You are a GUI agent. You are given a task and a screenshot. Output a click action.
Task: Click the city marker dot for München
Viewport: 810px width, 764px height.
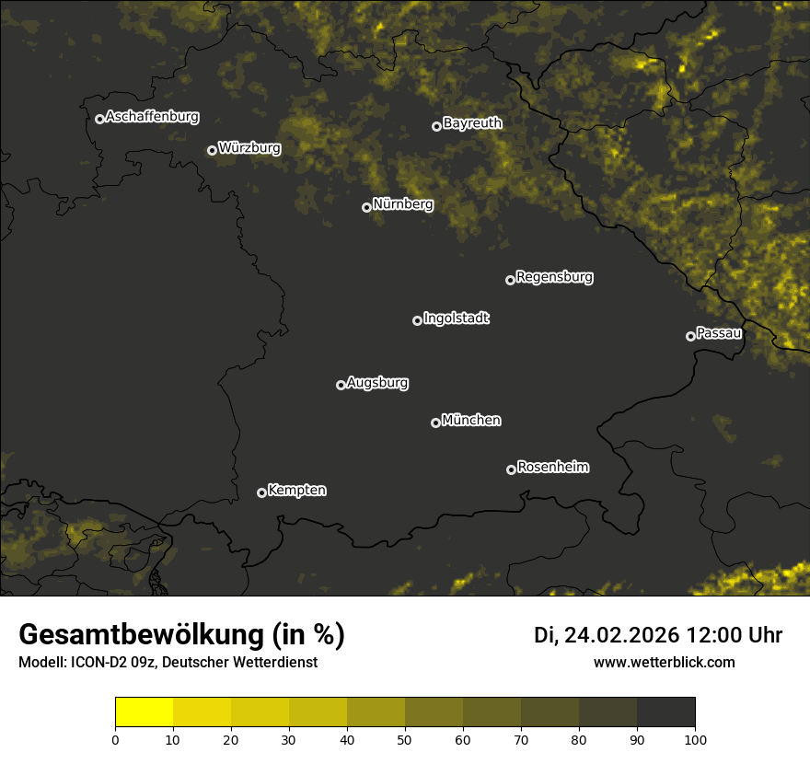[x=435, y=423]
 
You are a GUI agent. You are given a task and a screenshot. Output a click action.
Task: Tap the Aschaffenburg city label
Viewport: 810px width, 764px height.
[x=152, y=117]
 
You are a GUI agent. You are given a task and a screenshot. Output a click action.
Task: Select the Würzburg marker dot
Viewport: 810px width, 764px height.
[x=212, y=150]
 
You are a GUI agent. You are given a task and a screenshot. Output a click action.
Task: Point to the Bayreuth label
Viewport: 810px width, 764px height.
[x=472, y=123]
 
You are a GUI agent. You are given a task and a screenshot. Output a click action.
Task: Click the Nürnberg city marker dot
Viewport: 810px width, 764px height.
[x=366, y=207]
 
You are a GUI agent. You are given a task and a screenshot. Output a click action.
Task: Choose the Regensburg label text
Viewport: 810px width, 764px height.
[x=554, y=277]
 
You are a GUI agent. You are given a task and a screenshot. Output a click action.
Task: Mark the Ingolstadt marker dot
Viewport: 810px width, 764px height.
[x=417, y=320]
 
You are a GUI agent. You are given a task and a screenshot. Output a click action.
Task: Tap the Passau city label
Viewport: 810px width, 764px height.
[x=719, y=333]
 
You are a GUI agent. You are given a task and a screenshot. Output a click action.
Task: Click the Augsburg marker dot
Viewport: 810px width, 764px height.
[x=341, y=385]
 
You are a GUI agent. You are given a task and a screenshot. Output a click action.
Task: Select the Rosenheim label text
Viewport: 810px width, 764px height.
[x=552, y=468]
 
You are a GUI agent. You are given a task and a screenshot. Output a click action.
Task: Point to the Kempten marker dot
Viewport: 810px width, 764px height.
[x=261, y=492]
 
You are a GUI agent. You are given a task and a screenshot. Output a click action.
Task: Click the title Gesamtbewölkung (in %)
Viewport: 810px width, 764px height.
[x=181, y=635]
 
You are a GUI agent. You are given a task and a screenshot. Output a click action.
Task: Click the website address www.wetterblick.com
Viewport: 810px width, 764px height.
[x=664, y=662]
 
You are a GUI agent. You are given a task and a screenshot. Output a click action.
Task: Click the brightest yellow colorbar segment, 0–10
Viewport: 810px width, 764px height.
[x=145, y=712]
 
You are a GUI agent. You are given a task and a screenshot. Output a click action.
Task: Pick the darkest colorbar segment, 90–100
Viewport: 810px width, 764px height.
[x=665, y=712]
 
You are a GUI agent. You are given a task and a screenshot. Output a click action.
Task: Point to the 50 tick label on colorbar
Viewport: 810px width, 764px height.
[x=405, y=739]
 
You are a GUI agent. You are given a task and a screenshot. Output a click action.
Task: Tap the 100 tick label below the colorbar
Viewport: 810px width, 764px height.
[x=695, y=739]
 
